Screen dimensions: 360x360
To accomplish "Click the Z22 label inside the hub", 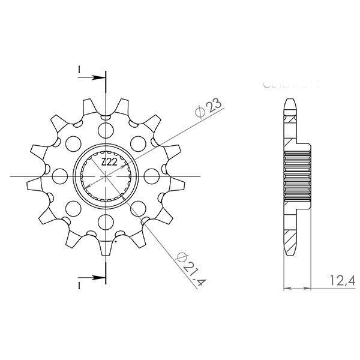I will [109, 163].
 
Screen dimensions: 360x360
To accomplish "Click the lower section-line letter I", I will [80, 284].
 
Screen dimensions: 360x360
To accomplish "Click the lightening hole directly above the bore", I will [106, 130].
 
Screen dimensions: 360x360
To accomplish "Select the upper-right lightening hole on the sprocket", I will [139, 144].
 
